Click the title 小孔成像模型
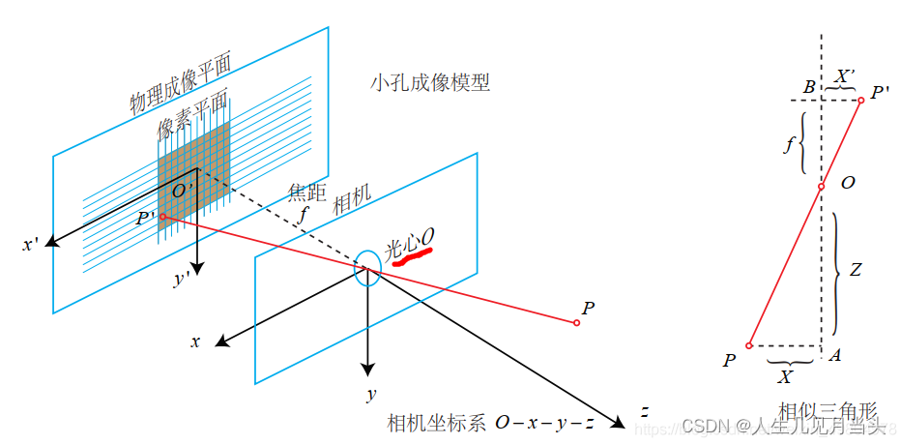point(429,82)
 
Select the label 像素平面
point(192,113)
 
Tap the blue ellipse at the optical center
point(367,268)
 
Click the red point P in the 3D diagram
point(577,323)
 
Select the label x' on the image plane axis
point(31,245)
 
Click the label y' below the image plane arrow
point(182,279)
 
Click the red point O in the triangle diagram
point(821,187)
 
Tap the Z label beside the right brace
point(855,272)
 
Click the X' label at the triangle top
point(843,75)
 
